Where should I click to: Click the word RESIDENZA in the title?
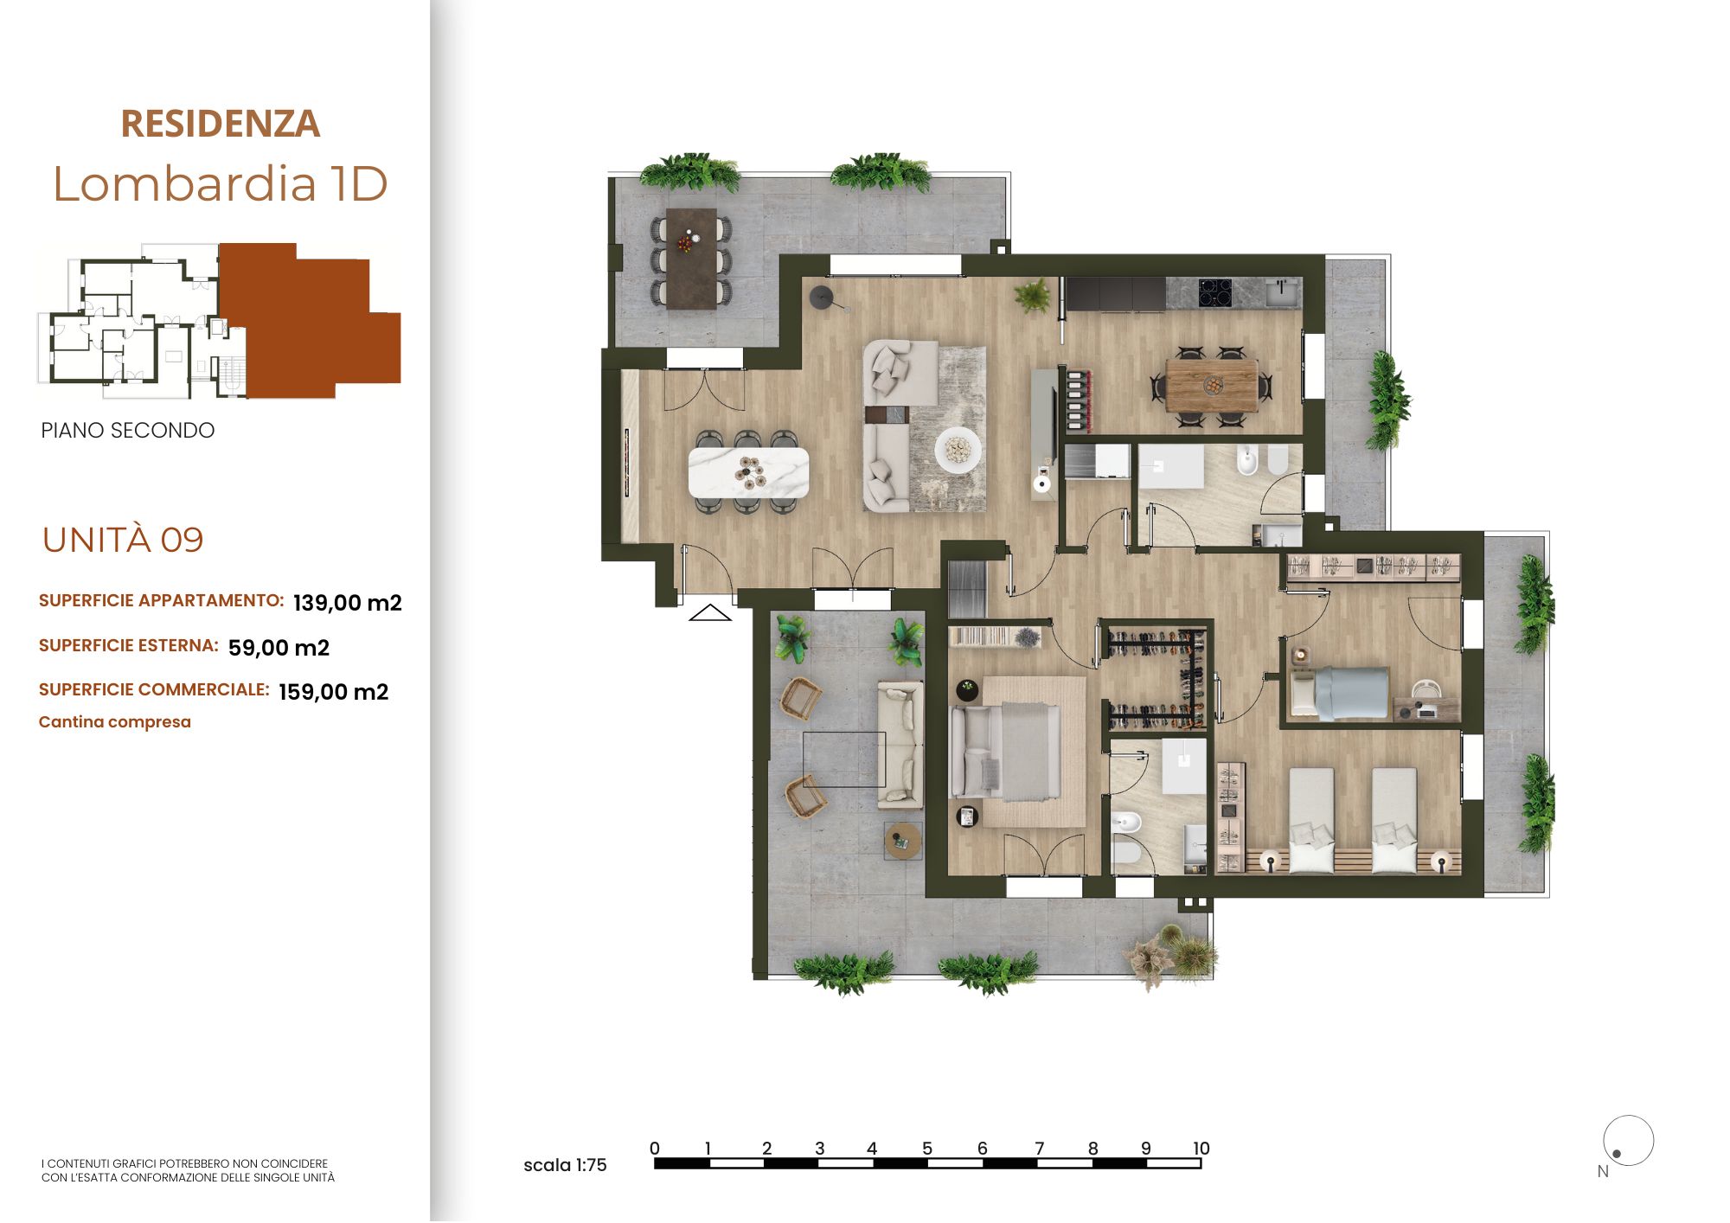220,124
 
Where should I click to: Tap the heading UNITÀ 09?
123,540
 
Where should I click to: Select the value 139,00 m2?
348,603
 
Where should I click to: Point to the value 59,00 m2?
279,648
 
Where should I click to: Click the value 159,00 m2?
334,692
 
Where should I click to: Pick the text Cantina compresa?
115,722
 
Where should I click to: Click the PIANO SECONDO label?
128,431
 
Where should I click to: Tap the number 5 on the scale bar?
927,1149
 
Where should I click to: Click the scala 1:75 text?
565,1165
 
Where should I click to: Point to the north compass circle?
1629,1140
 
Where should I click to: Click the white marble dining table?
748,472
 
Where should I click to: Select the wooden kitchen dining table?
1211,386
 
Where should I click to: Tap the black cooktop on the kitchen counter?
1215,292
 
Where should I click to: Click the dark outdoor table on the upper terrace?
691,258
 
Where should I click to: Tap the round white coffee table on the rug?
958,450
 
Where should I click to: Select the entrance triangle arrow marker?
710,612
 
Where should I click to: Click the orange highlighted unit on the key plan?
310,321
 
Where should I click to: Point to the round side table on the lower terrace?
902,840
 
